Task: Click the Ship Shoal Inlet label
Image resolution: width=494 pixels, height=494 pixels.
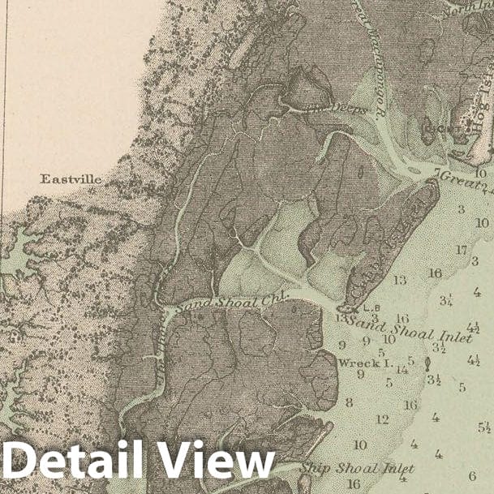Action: [x=357, y=468]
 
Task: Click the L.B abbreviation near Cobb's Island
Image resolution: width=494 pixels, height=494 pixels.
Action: [x=372, y=308]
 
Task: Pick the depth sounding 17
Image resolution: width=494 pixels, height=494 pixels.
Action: [x=461, y=250]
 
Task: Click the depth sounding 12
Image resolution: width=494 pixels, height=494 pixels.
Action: [x=382, y=419]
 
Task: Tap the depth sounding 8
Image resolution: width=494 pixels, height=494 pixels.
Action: [x=349, y=402]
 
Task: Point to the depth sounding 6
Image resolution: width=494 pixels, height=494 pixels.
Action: [x=472, y=475]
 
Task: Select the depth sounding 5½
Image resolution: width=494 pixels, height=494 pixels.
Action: [x=484, y=427]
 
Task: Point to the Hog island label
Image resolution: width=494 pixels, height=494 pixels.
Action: [x=479, y=97]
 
